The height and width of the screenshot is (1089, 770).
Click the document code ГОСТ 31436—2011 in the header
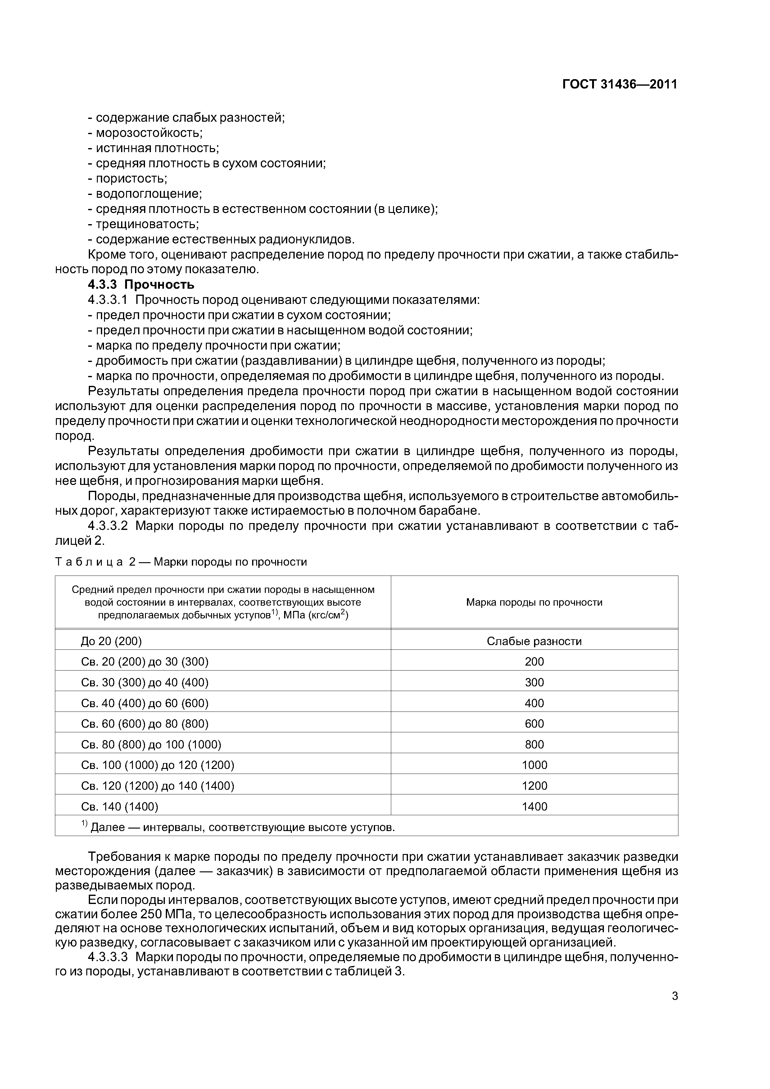point(620,84)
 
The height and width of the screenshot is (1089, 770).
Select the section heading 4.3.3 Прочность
point(141,285)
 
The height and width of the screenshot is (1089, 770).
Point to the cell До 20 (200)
point(111,641)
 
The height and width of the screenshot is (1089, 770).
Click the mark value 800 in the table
point(534,745)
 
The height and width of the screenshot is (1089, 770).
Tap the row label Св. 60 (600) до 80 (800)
point(145,724)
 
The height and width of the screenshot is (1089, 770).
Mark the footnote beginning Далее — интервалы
point(242,828)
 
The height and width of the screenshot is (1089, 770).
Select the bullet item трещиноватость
point(147,224)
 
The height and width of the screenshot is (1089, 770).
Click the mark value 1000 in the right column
point(534,765)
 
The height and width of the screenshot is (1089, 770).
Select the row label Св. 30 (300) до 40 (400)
point(145,683)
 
